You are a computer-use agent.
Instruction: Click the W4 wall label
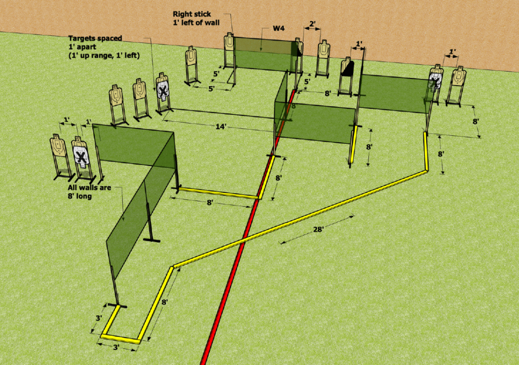pos(278,28)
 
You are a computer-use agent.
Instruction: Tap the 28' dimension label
pos(318,229)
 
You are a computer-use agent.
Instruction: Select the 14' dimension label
pos(221,127)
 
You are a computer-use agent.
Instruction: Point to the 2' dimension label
pos(312,24)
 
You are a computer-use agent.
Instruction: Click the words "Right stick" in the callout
pos(192,14)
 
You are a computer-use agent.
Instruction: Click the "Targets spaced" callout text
pos(95,38)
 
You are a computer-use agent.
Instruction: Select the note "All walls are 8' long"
pos(89,192)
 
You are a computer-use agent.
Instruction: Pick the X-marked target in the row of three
pos(162,88)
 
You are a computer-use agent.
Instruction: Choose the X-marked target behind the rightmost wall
pos(435,78)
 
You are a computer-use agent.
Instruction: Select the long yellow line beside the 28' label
pos(300,218)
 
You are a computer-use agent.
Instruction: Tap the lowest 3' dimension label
pos(116,347)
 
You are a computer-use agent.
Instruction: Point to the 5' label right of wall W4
pos(307,82)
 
